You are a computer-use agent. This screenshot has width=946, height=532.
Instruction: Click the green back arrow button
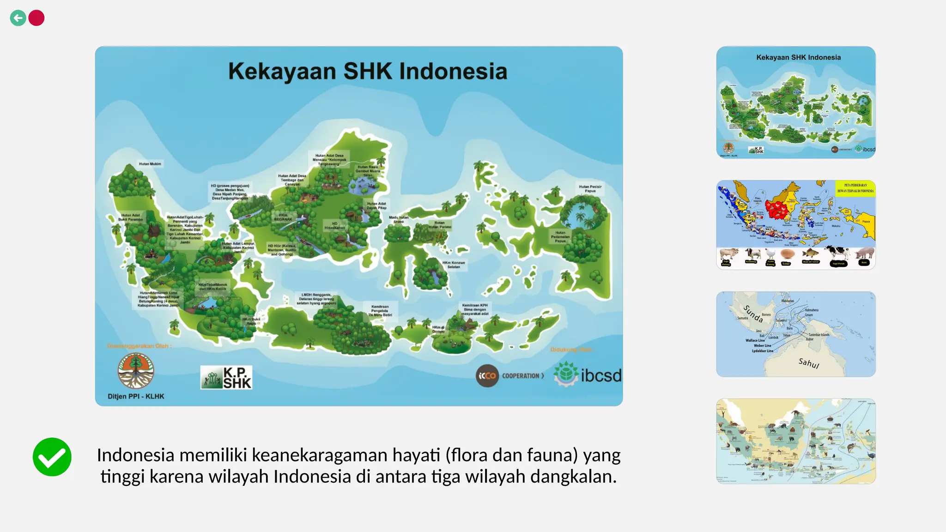point(18,18)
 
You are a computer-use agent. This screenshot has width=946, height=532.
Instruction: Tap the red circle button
point(36,18)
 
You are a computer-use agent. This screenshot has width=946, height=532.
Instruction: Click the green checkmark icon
point(52,457)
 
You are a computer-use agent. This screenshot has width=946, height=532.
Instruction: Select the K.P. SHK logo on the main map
point(226,377)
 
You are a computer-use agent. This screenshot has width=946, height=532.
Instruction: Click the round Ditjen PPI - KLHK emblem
point(135,371)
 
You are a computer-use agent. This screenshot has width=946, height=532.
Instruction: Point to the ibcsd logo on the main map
point(588,375)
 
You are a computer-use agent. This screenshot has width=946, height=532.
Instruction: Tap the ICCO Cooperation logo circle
point(487,376)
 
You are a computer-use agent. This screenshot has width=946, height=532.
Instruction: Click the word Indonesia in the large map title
point(453,72)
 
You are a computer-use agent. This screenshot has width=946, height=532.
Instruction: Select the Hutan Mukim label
point(150,164)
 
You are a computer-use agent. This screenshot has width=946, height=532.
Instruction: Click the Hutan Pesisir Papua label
point(590,189)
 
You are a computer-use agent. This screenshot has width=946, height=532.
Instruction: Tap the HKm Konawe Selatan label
point(454,265)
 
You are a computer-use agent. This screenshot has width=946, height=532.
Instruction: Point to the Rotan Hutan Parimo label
point(439,225)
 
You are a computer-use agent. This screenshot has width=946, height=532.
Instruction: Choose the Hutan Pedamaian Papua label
point(560,237)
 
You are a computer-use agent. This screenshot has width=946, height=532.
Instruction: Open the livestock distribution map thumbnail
point(796,224)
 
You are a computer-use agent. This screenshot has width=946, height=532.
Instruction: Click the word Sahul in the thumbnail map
point(809,363)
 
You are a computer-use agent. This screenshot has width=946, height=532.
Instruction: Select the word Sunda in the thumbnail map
point(753,314)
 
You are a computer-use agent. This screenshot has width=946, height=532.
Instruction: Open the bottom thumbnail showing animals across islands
point(796,441)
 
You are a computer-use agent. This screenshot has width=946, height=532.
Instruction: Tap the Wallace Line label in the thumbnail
point(755,340)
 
